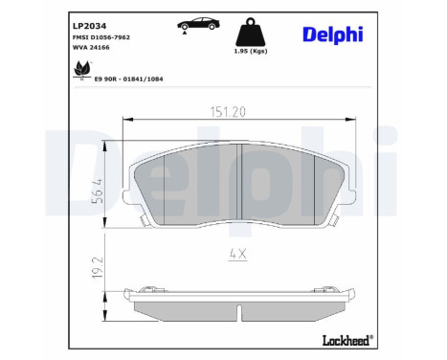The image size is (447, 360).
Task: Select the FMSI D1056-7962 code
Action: point(101,34)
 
